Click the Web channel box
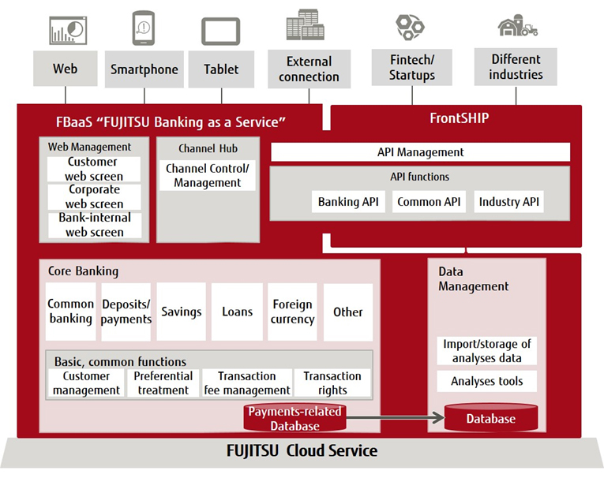[66, 69]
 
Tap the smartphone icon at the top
[143, 28]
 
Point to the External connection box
[309, 69]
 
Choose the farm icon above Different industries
[517, 27]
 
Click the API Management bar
[420, 152]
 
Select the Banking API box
[348, 202]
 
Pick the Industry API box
[509, 202]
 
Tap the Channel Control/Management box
[207, 175]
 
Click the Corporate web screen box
[94, 196]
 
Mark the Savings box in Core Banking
[181, 312]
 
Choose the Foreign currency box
[292, 312]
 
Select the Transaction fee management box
[246, 383]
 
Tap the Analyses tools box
[487, 382]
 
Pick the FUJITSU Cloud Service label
[302, 451]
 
